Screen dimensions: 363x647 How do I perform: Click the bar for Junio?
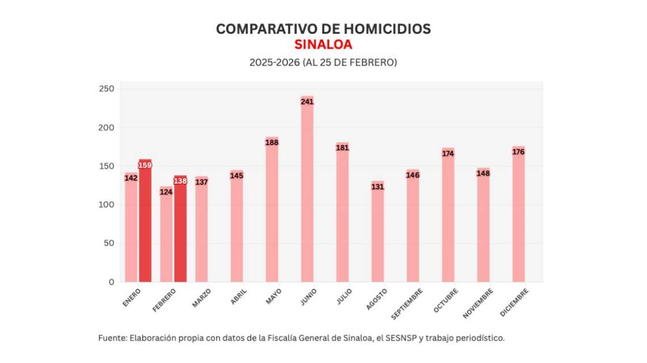point(307,190)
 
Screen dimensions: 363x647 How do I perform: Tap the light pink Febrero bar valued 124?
point(166,236)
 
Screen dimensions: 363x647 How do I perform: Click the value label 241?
point(307,102)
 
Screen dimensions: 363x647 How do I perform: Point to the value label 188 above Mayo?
point(272,142)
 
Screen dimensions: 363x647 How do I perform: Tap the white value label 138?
point(180,181)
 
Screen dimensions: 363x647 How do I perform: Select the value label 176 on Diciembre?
point(518,152)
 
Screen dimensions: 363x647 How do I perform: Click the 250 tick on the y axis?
point(107,89)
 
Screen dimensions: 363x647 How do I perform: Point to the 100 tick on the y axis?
point(107,205)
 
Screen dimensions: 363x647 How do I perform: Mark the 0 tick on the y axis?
point(111,282)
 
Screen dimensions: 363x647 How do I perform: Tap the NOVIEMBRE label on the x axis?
point(478,304)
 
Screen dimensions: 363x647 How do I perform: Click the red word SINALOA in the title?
point(323,45)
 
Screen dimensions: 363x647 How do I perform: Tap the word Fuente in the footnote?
point(111,338)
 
